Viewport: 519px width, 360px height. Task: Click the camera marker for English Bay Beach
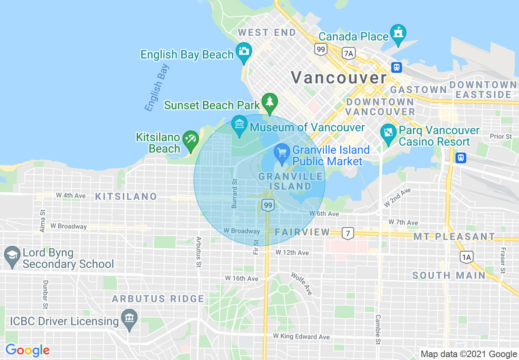[244, 52]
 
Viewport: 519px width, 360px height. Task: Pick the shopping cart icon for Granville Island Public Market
[282, 153]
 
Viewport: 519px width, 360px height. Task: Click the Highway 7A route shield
[348, 53]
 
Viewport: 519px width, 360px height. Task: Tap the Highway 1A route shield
[466, 256]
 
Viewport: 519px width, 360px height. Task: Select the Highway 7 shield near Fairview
[348, 234]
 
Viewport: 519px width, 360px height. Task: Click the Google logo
[27, 350]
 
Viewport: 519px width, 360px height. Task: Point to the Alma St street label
[43, 221]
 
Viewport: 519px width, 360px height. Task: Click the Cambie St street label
[378, 326]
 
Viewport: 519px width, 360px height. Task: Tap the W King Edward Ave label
[301, 336]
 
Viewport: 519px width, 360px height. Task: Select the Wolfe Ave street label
[302, 283]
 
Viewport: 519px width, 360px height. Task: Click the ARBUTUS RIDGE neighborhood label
[158, 299]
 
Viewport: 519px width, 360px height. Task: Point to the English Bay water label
[157, 88]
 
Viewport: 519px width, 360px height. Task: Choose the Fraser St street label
[502, 260]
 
